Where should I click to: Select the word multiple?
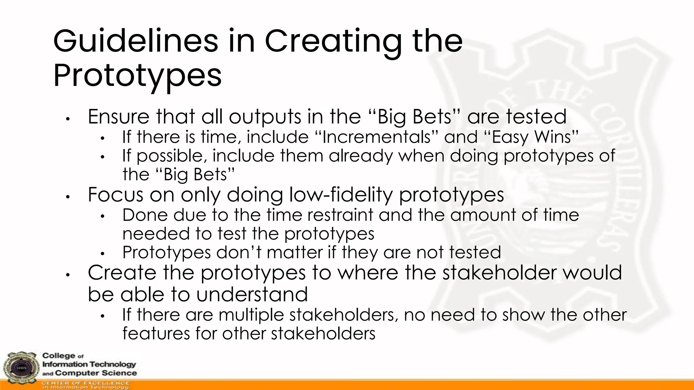click(251, 315)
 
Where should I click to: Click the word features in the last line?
click(156, 333)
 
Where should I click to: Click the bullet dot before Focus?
click(68, 197)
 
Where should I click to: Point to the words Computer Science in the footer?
click(96, 373)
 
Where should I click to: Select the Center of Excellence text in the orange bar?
click(85, 383)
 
